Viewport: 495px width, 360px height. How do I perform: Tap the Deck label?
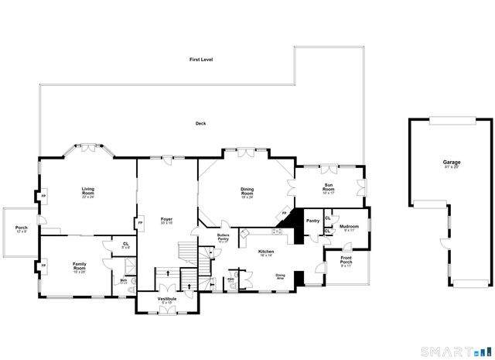tap(200, 123)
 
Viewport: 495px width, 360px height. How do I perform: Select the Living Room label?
tap(88, 190)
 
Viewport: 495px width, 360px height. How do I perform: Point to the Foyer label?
tap(166, 221)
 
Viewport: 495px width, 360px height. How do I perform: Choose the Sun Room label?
tap(329, 187)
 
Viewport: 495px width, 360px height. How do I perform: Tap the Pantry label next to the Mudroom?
tap(312, 221)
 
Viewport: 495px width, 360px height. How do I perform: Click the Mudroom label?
tap(349, 227)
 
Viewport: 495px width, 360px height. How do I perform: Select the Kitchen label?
tap(266, 252)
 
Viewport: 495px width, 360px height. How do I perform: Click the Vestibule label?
tap(167, 299)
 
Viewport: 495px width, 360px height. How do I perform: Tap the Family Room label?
tap(80, 266)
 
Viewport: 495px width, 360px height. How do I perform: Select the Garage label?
tap(451, 163)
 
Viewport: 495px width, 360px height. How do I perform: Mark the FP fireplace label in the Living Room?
tap(43, 196)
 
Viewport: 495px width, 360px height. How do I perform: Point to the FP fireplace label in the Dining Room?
tap(284, 213)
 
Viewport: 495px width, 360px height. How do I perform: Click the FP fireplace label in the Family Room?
tap(43, 266)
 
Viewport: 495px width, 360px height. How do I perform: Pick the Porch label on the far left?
tap(21, 228)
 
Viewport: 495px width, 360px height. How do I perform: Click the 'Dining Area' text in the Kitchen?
tap(281, 276)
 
